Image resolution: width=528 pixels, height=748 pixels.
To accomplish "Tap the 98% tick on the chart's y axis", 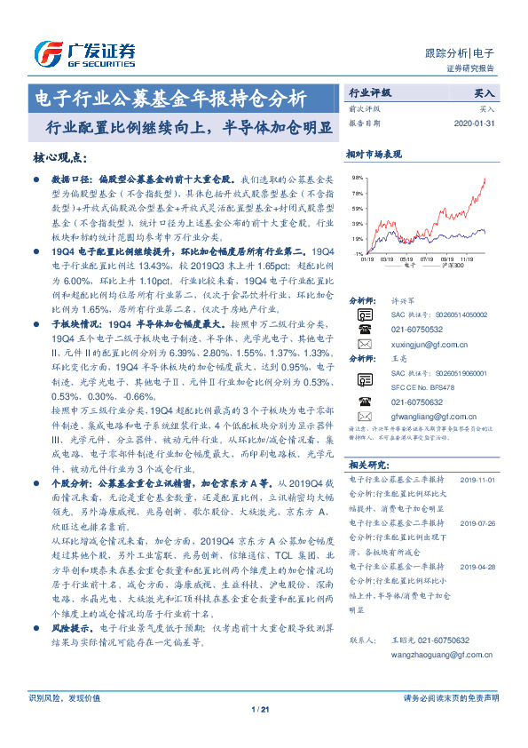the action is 355,178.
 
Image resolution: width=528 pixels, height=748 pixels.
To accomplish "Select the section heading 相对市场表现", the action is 374,154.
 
